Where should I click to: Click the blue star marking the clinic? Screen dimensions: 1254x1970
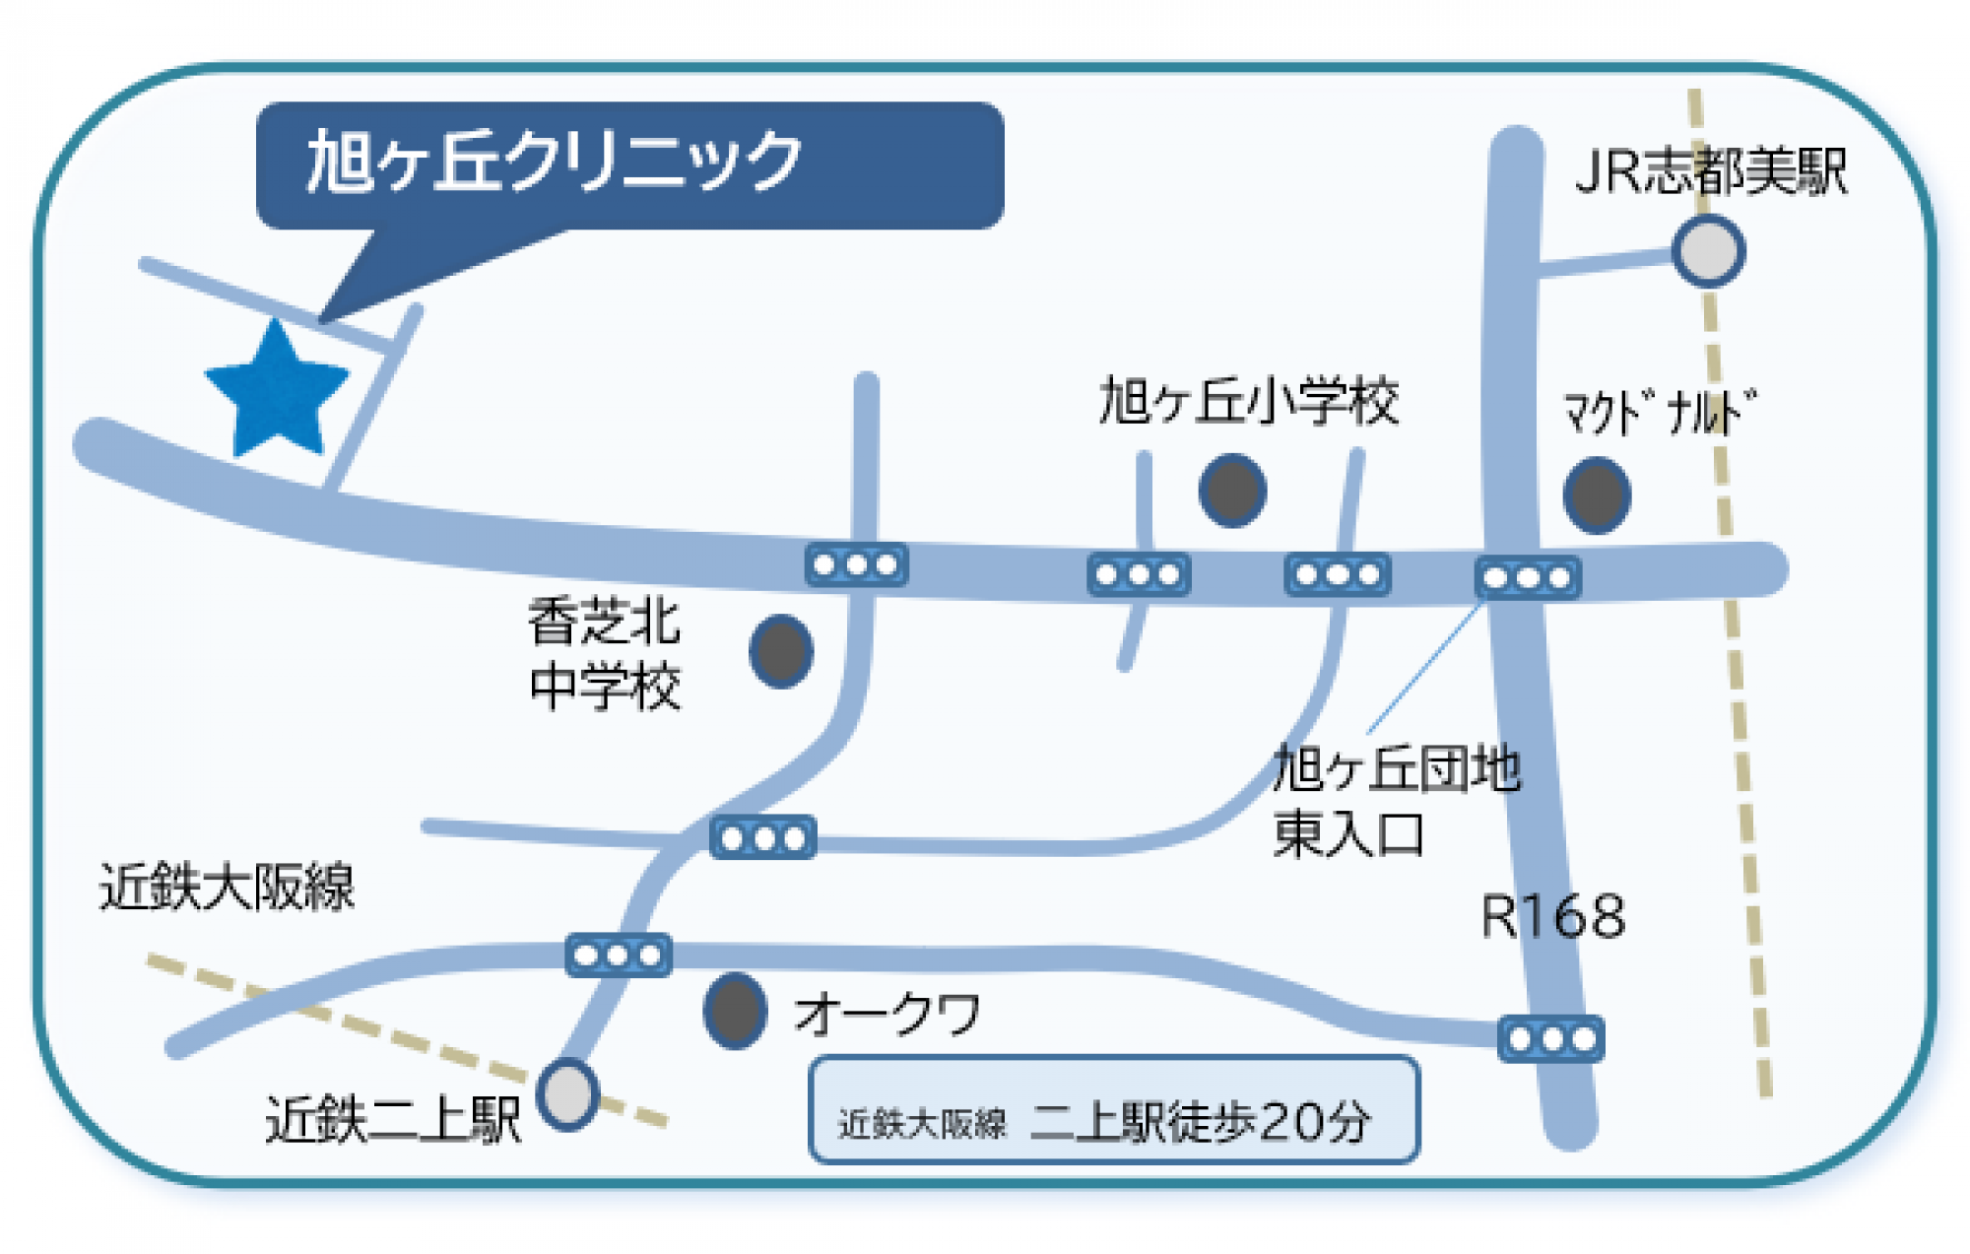coord(277,391)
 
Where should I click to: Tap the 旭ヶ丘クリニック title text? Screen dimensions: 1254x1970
coord(555,161)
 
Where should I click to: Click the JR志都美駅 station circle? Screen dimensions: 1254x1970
coord(1709,251)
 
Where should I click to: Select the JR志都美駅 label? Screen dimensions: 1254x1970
coord(1711,171)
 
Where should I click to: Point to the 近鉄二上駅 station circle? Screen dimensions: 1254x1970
coord(568,1094)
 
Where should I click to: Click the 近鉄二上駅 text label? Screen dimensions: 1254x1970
coord(393,1120)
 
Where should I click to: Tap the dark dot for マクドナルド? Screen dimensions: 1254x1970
coord(1597,495)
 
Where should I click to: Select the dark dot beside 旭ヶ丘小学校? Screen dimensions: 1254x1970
coord(1232,490)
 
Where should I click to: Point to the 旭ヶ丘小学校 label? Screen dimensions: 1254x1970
coord(1249,402)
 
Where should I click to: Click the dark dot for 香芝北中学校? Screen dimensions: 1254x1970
coord(781,651)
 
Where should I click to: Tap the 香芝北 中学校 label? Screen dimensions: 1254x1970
coord(605,654)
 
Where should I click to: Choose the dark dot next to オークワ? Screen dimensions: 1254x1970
coord(735,1011)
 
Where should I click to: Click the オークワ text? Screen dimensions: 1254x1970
coord(887,1015)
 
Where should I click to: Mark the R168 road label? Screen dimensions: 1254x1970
coord(1552,917)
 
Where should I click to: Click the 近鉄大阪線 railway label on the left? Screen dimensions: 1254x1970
coord(227,887)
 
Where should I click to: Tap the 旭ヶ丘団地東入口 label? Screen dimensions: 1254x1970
coord(1396,801)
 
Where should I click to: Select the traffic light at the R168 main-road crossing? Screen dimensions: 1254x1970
coord(1528,578)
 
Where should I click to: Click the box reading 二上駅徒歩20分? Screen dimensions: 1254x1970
coord(1114,1110)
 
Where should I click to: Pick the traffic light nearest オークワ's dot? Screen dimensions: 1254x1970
coord(619,955)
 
